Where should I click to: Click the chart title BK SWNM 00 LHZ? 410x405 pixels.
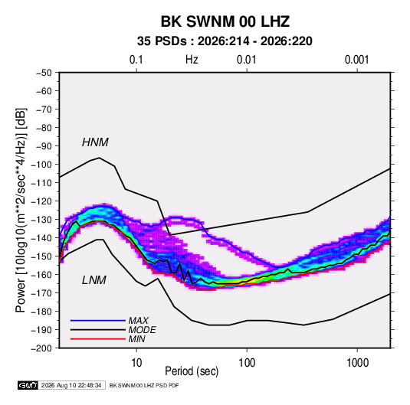click(x=225, y=21)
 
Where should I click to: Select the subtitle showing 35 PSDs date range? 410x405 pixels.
click(x=225, y=41)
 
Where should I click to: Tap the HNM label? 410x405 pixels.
click(x=95, y=142)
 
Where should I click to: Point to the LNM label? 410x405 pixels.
click(x=94, y=280)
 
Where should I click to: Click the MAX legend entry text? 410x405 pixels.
click(x=138, y=320)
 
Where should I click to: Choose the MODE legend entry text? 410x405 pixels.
click(x=142, y=330)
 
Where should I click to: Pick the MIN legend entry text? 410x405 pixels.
click(x=136, y=339)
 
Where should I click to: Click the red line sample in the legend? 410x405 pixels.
click(x=98, y=339)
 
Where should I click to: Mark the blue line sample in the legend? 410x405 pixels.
click(x=98, y=321)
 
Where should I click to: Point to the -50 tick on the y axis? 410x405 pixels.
click(x=44, y=73)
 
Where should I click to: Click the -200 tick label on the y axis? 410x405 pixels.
click(x=41, y=348)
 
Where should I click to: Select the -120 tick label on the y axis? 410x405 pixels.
click(x=41, y=201)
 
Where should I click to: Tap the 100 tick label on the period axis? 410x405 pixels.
click(x=247, y=363)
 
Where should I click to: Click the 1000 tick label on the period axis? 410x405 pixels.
click(x=357, y=363)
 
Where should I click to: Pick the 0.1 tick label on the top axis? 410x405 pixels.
click(x=136, y=60)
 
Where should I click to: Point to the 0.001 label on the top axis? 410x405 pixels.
click(x=356, y=60)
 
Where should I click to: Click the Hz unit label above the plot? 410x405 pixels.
click(x=192, y=60)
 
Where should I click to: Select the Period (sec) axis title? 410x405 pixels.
click(x=192, y=371)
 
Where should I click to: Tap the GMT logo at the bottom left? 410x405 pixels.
click(x=28, y=385)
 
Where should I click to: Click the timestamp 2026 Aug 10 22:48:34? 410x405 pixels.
click(x=71, y=385)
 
